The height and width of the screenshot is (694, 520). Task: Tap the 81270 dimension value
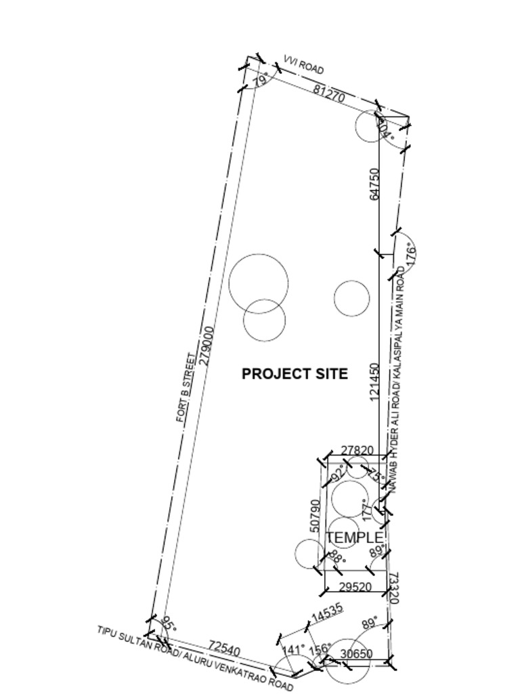click(330, 94)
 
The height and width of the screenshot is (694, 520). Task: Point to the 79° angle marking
click(260, 81)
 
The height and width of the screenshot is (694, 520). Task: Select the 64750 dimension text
click(374, 184)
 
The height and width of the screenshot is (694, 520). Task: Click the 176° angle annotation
click(410, 254)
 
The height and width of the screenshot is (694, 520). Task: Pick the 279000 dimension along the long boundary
click(208, 346)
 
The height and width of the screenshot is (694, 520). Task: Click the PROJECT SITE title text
click(295, 373)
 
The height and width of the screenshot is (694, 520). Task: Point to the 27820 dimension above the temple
click(357, 451)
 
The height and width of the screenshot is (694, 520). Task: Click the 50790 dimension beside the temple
click(315, 516)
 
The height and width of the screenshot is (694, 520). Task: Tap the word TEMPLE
click(354, 537)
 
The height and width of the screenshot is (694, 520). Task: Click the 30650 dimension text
click(356, 653)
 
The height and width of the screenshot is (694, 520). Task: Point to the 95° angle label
click(168, 624)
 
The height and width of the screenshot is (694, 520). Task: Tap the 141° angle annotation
click(292, 651)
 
